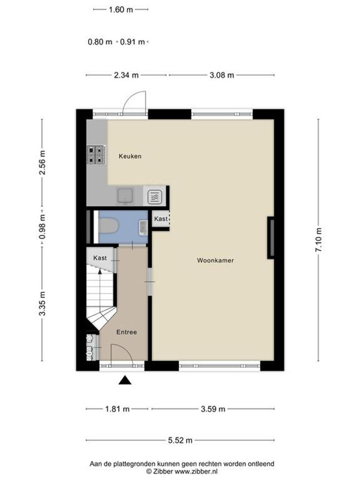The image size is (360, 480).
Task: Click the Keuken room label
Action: pos(130,156)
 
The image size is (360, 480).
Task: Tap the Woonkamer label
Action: pos(215,260)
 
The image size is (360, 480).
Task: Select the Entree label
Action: pos(127,332)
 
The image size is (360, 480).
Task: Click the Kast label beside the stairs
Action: pos(100,258)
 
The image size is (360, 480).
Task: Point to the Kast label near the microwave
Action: pos(161,219)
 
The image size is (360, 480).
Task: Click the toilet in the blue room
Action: pos(109,226)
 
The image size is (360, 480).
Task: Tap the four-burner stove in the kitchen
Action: pos(97,155)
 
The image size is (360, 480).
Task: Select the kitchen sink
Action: pos(125,196)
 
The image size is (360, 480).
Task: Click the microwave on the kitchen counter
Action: pos(156,197)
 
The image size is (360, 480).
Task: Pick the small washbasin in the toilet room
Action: pos(143,227)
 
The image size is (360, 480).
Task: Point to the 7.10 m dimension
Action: pos(319,240)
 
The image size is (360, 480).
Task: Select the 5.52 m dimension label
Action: pos(181,440)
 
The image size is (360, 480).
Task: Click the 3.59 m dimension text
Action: pos(213,409)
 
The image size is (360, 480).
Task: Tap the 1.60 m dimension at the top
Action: pos(121,10)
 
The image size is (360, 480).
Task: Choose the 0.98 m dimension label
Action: pos(43,227)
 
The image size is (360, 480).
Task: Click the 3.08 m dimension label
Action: pos(221,76)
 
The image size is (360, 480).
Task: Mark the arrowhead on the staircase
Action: pos(100,271)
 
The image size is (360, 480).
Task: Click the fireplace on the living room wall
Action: pos(271,238)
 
